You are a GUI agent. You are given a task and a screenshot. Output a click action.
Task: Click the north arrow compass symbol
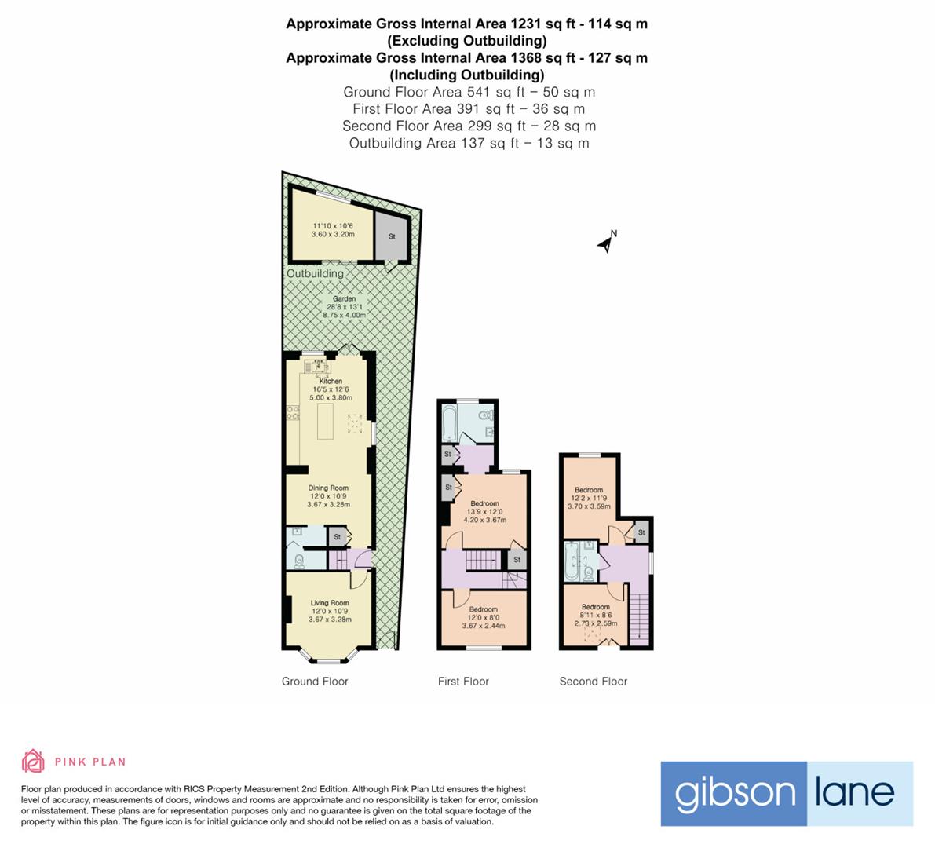coord(605,243)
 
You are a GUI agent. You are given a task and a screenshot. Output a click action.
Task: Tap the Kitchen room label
coord(331,382)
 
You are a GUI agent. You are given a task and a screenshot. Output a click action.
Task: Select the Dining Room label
coord(328,488)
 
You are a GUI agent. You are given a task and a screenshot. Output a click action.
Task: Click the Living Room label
coord(329,603)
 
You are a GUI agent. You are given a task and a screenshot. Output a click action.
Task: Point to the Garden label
coord(344,299)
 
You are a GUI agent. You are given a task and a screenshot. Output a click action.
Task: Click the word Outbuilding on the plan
coord(315,273)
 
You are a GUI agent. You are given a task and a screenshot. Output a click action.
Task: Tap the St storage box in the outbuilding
coord(391,236)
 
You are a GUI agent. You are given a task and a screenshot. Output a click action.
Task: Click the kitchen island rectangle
coord(325,422)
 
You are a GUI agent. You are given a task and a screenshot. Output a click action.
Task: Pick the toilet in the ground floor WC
coord(298,561)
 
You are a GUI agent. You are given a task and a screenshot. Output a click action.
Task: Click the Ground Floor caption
coord(315,682)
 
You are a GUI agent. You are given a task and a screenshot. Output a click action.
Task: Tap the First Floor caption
coord(463,682)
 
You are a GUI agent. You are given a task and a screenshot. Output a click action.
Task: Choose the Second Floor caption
coord(593,682)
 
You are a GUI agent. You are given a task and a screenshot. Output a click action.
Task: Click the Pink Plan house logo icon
coord(33,761)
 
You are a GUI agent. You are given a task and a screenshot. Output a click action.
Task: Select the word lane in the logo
coord(854,793)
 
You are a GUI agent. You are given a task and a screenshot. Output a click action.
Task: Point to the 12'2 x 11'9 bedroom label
coord(589,490)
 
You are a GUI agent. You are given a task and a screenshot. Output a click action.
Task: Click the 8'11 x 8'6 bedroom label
coord(595,607)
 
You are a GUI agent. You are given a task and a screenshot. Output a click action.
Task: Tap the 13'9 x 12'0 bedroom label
coord(484,504)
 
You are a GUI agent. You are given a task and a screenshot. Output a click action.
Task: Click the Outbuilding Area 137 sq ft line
coord(469,143)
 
